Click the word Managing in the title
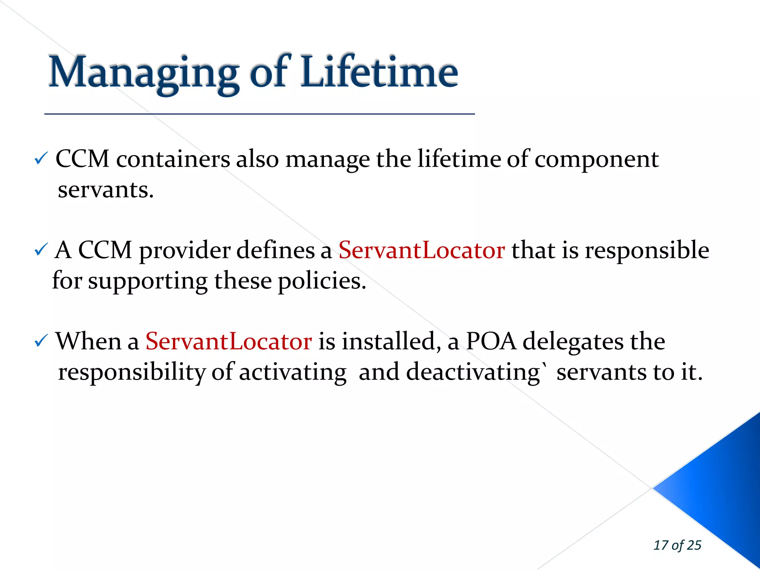click(x=143, y=73)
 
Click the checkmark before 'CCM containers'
click(x=40, y=159)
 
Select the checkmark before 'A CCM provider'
click(x=40, y=250)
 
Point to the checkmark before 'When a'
click(x=40, y=341)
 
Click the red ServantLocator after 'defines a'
click(x=421, y=250)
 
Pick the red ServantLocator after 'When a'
click(x=228, y=341)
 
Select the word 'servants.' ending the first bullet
click(x=105, y=190)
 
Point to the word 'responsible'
click(x=647, y=250)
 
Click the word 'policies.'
click(x=322, y=281)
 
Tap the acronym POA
click(x=491, y=341)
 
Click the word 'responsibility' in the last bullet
click(x=131, y=372)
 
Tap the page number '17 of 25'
click(x=677, y=545)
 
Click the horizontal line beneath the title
click(x=259, y=114)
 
